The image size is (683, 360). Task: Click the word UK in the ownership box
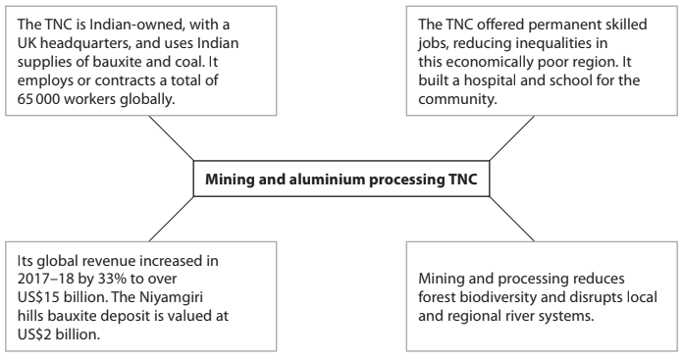click(x=30, y=46)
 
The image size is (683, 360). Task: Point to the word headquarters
click(x=88, y=46)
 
